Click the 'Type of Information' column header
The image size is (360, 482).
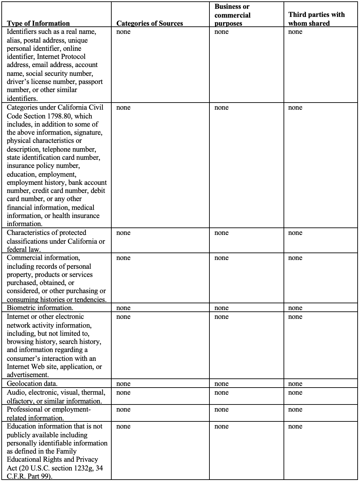(x=38, y=23)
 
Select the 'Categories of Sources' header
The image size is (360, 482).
(x=150, y=23)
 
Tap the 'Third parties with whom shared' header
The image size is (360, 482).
(x=316, y=19)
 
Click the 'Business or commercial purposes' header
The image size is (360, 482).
(x=232, y=15)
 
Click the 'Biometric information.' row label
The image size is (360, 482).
(x=40, y=308)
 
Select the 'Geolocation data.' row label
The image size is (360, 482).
(x=32, y=384)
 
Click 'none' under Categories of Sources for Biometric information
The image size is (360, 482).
(x=123, y=308)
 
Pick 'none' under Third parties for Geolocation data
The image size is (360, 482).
(x=295, y=384)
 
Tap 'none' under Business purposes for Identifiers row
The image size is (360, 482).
(x=221, y=32)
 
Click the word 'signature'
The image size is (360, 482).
(x=88, y=133)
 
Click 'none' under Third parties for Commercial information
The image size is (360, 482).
(x=295, y=258)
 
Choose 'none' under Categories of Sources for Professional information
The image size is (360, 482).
(x=123, y=410)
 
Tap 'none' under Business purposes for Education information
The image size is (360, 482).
(x=221, y=426)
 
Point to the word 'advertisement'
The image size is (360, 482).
(x=27, y=375)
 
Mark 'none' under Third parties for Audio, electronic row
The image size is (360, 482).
(x=295, y=393)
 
